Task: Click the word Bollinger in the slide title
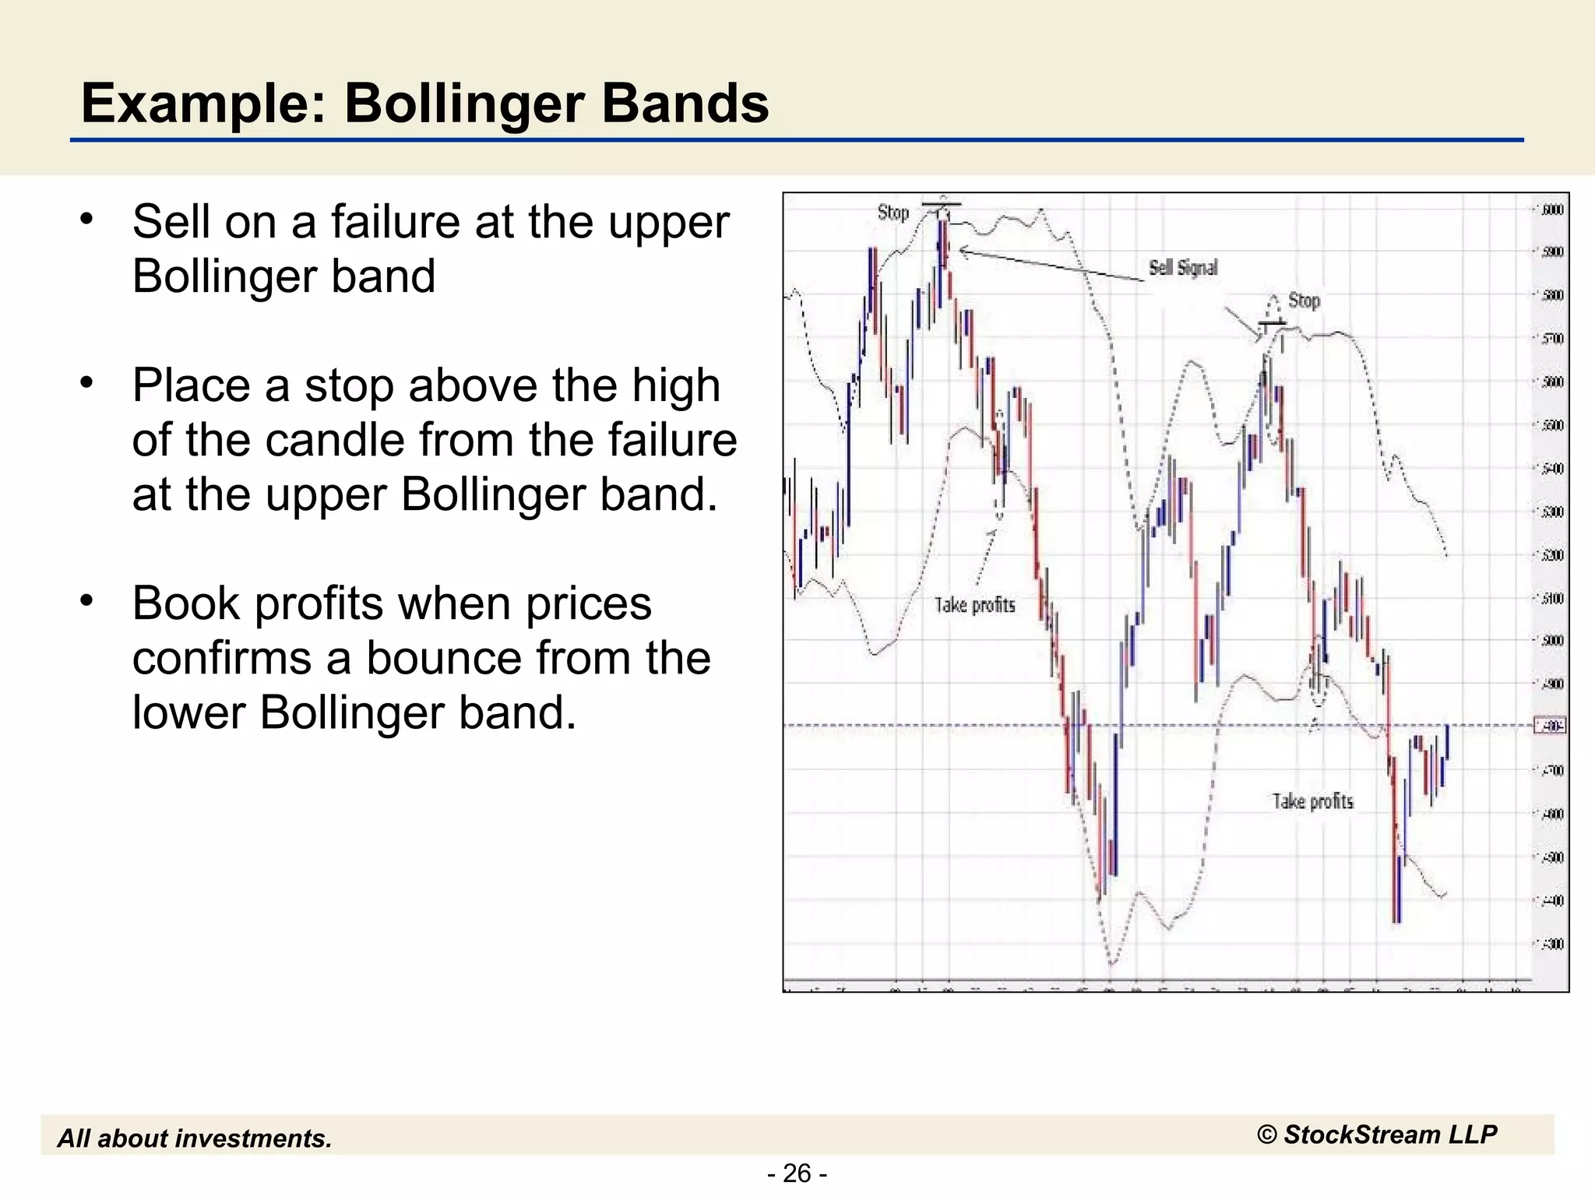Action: click(x=466, y=104)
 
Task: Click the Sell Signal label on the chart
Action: click(x=1183, y=268)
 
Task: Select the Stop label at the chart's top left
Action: click(x=893, y=213)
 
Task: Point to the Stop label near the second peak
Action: click(x=1304, y=301)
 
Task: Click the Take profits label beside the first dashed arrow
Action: click(x=974, y=605)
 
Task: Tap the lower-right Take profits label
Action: click(x=1312, y=801)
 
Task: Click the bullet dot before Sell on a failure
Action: click(x=86, y=219)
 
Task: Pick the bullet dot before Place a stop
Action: click(x=86, y=382)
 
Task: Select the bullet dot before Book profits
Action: click(x=86, y=600)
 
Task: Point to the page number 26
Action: click(x=797, y=1173)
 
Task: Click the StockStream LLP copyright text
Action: click(x=1377, y=1134)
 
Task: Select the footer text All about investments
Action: click(x=195, y=1138)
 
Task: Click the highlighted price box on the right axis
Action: click(x=1549, y=726)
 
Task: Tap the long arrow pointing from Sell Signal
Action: click(x=1051, y=265)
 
